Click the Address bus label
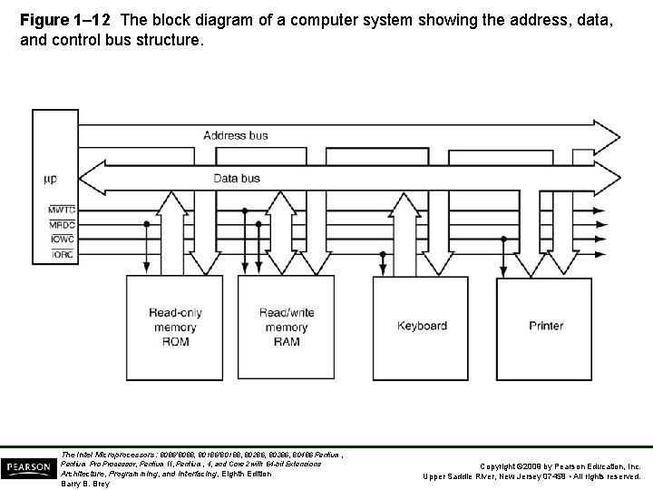(235, 136)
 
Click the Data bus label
(237, 179)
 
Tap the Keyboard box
(422, 326)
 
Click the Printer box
(546, 326)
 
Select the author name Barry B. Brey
(84, 484)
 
